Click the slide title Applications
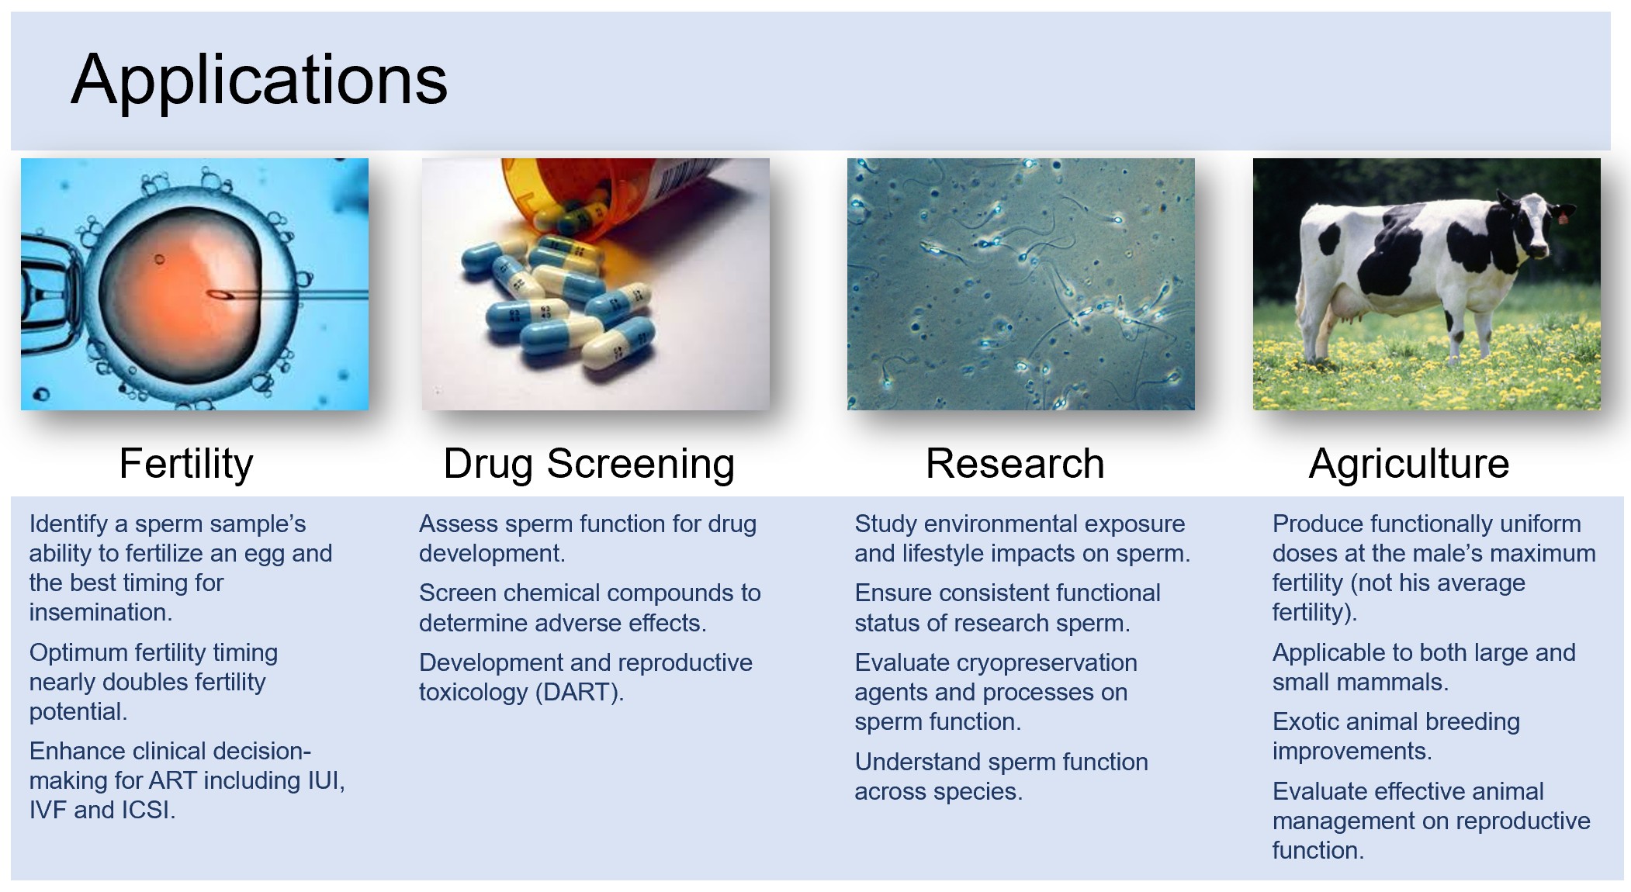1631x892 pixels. click(x=259, y=81)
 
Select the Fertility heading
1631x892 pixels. click(x=186, y=464)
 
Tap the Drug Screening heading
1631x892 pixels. click(x=589, y=464)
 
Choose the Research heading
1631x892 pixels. click(x=1015, y=464)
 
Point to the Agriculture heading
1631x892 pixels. click(x=1409, y=464)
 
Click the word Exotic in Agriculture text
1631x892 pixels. click(x=1309, y=721)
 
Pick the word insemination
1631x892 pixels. click(x=101, y=612)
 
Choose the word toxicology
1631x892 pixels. click(x=473, y=692)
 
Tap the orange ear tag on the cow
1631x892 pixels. click(x=1562, y=219)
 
